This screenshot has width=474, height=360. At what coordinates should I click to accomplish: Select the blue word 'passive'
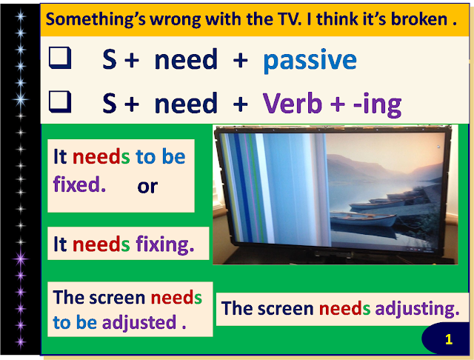pyautogui.click(x=310, y=60)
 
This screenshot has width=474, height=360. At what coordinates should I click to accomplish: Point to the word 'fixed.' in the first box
pyautogui.click(x=79, y=184)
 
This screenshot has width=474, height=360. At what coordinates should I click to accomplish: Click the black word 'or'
pyautogui.click(x=147, y=185)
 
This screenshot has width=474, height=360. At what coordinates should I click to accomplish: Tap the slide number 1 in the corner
pyautogui.click(x=449, y=340)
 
